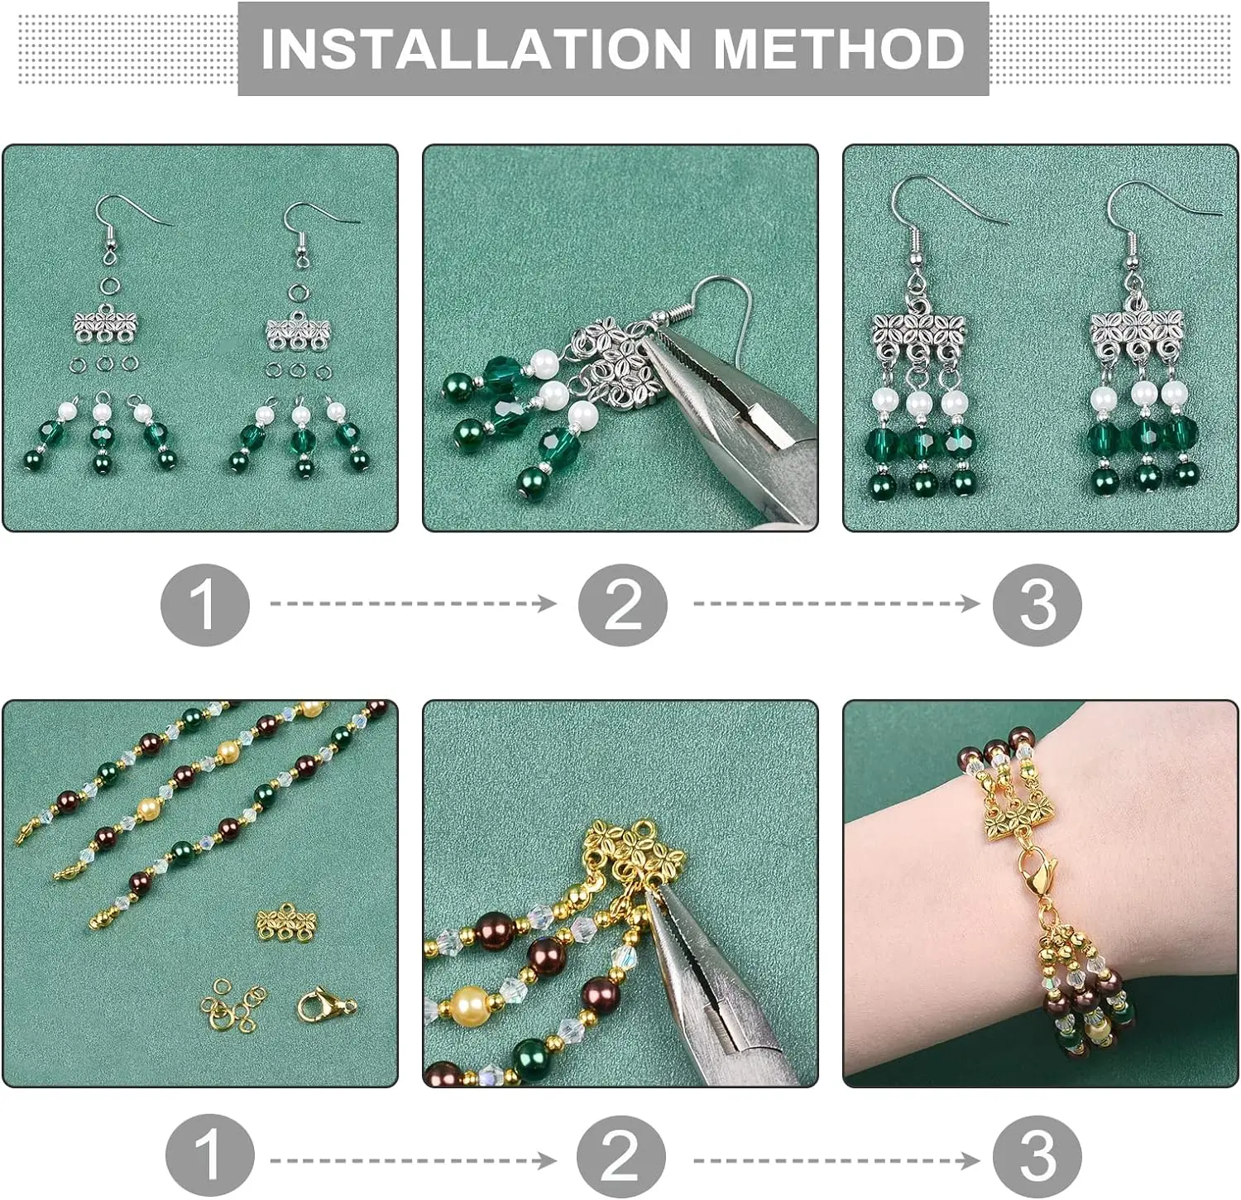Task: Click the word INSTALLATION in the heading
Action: [x=475, y=48]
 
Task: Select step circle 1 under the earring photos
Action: [x=204, y=605]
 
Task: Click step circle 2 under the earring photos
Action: [x=622, y=605]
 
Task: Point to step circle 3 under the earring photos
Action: [x=1037, y=605]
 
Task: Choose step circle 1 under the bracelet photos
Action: [x=208, y=1155]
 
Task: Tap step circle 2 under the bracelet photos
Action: [x=620, y=1155]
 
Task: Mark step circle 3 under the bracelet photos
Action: [x=1037, y=1155]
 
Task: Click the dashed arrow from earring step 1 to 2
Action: [x=413, y=603]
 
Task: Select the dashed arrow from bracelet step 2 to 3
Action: [x=836, y=1160]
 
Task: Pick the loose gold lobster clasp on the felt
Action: [x=326, y=1005]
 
